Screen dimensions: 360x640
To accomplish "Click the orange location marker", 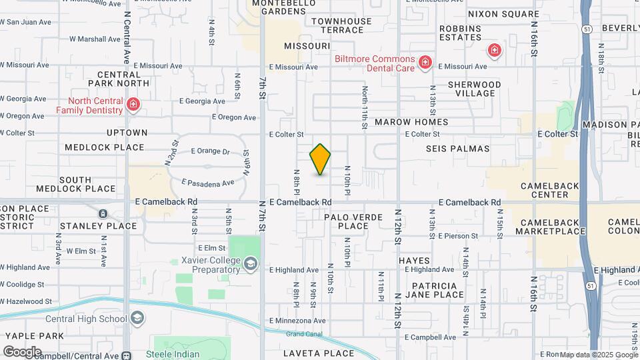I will point(320,159).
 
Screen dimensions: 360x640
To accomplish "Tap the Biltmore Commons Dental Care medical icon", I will point(425,63).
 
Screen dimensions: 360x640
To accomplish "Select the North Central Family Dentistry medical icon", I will point(133,105).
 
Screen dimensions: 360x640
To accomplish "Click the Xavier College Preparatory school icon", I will point(250,265).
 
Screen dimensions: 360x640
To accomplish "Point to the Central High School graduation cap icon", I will point(137,319).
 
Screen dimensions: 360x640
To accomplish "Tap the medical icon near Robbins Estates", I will point(494,49).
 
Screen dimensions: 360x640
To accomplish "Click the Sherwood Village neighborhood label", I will point(474,89).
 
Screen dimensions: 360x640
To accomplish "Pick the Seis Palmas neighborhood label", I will point(457,149).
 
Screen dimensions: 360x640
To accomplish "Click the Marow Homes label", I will point(411,123).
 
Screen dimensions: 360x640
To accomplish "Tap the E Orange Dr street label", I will point(210,151).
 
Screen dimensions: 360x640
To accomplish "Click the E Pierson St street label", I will point(458,236).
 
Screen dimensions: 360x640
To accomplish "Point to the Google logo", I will point(22,351).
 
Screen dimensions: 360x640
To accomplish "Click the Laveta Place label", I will point(319,353).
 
